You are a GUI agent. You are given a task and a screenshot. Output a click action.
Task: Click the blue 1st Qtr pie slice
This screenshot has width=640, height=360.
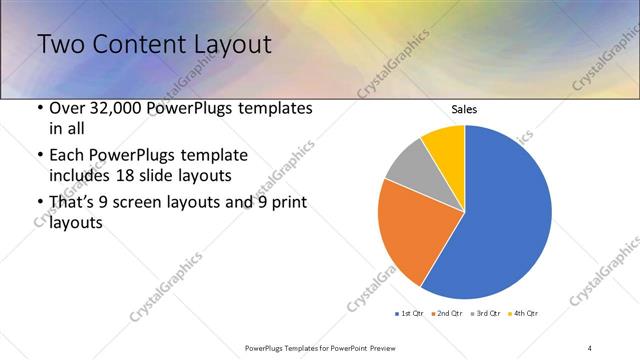coord(505,215)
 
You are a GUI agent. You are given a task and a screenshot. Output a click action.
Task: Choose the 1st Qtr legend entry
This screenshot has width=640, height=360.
coord(410,314)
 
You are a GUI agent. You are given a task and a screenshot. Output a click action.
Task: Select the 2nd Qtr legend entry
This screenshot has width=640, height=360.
coord(446,314)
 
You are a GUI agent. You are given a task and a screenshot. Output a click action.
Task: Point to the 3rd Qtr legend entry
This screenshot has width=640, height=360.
coord(484,314)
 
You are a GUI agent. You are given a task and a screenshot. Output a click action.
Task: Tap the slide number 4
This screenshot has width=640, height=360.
coord(590,347)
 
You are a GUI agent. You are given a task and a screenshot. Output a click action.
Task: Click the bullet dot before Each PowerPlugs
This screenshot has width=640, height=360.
coord(39,155)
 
